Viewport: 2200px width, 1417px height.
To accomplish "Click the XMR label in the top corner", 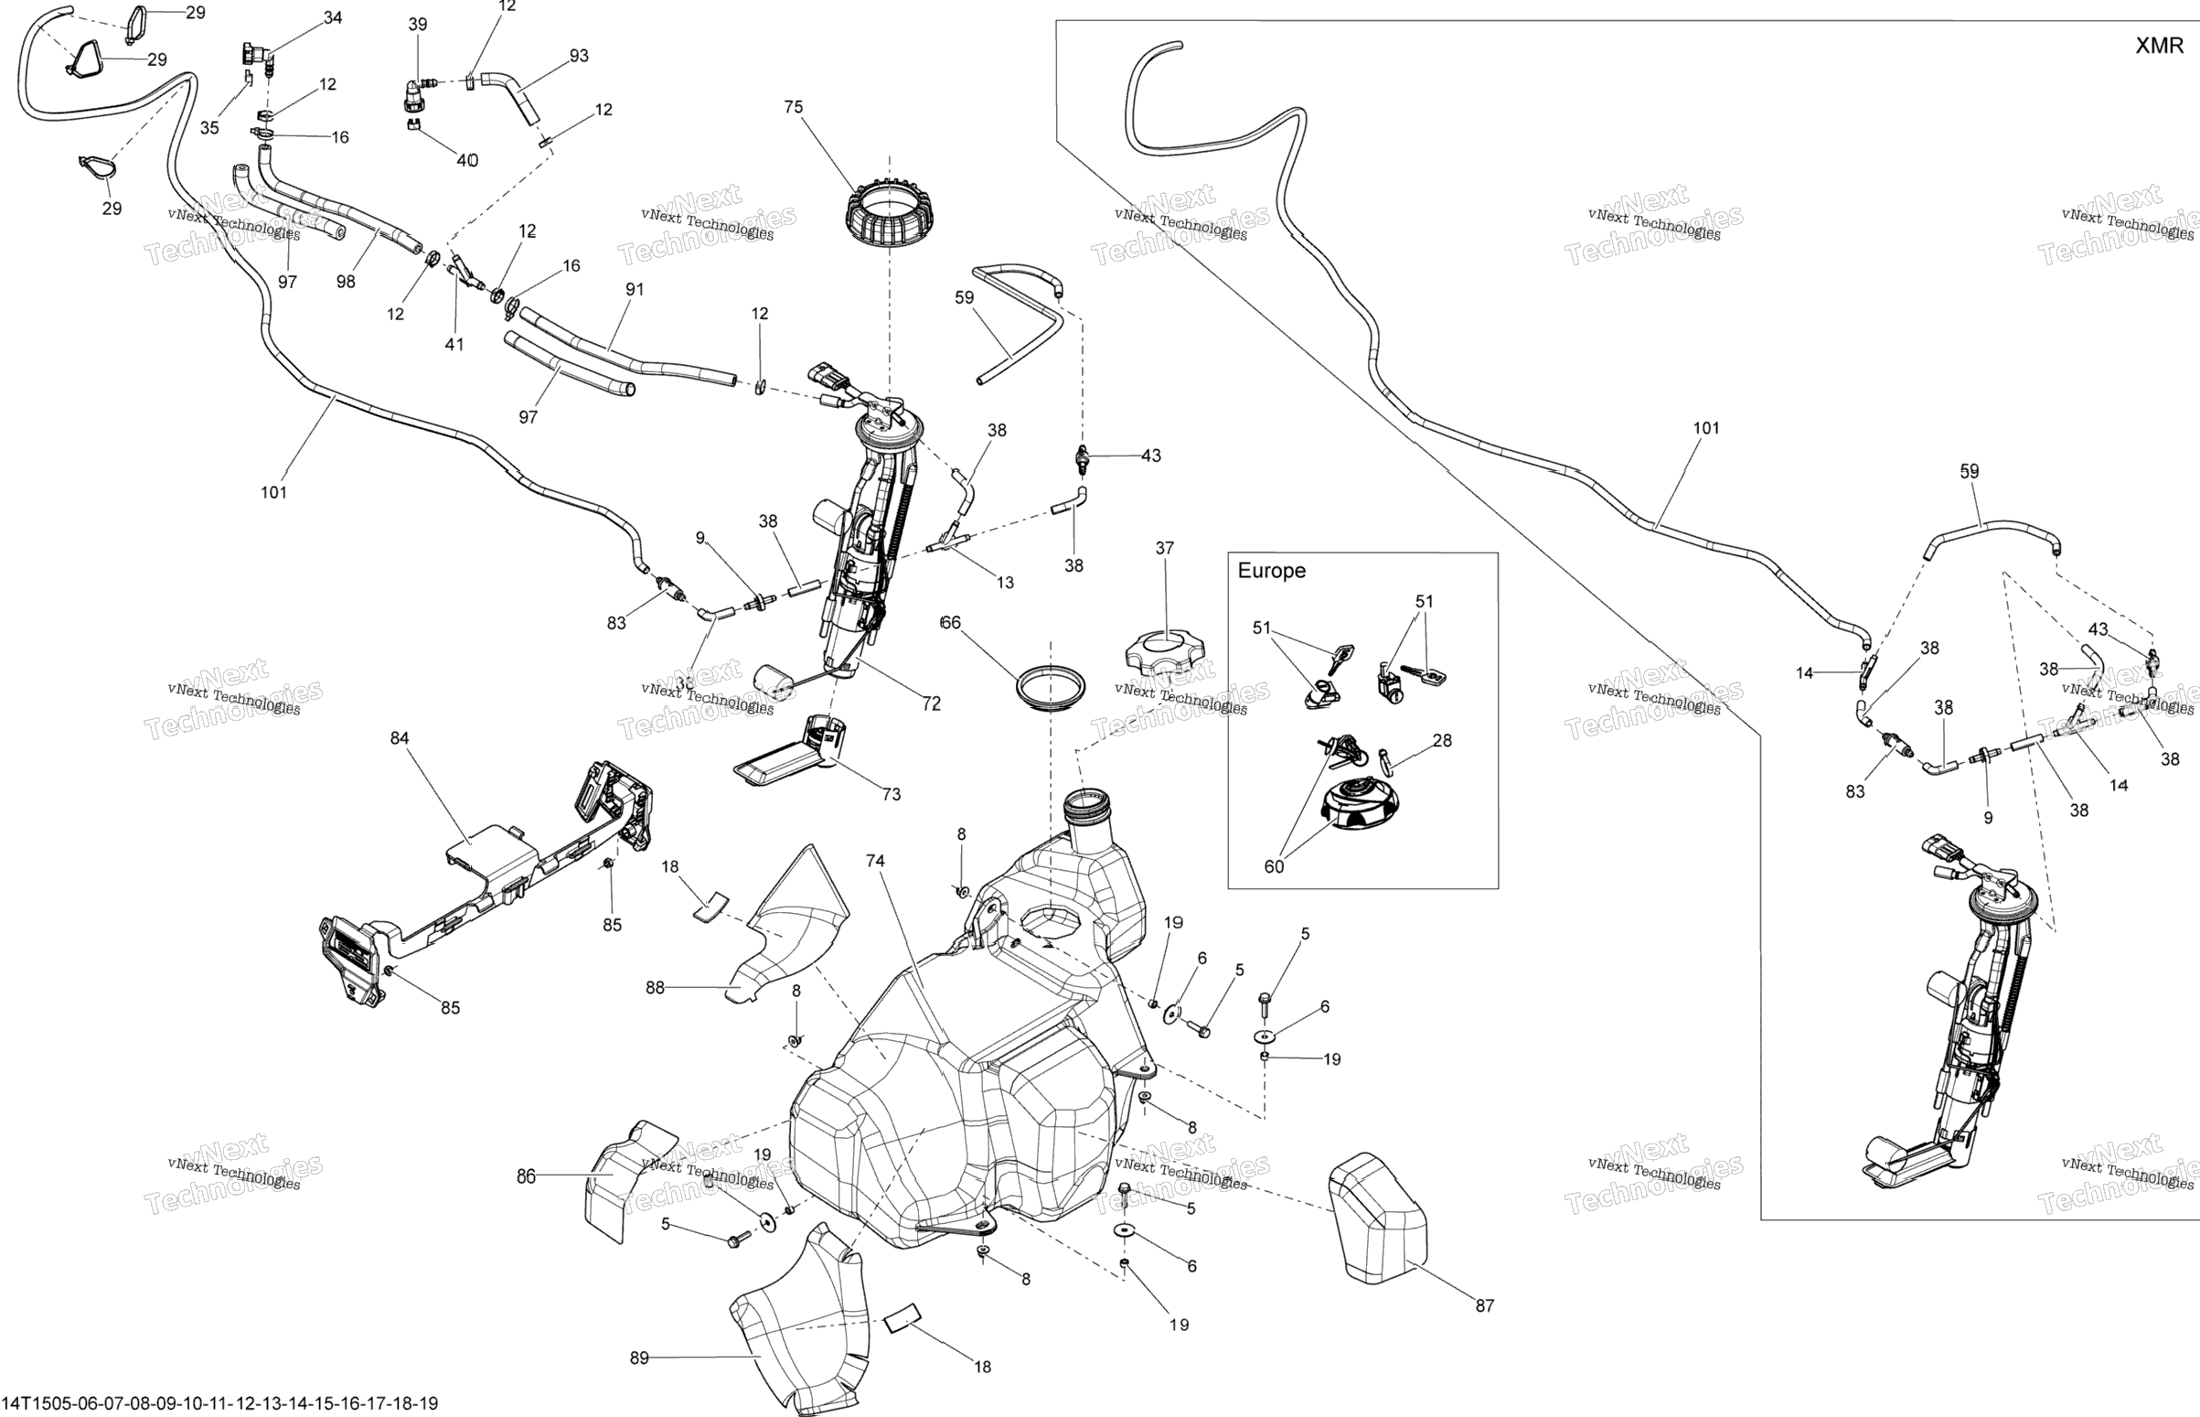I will coord(2159,46).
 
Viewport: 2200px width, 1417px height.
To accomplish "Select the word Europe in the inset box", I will coord(1271,571).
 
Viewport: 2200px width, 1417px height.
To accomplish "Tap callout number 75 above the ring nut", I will coord(793,107).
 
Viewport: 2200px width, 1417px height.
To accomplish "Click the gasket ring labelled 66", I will coord(1051,687).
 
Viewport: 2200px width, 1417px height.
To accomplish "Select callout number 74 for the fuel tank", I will coord(875,861).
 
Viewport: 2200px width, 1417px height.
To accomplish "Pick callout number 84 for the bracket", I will coord(400,738).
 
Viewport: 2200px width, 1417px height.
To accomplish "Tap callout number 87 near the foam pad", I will coord(1484,1304).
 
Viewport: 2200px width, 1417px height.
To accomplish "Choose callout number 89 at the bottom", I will coord(640,1358).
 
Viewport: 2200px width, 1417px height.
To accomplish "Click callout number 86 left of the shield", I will coord(525,1175).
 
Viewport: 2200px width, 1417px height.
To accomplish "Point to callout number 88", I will coord(655,988).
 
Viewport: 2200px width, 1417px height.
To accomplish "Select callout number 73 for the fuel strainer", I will coord(892,794).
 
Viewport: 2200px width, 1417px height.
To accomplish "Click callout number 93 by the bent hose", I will coord(579,56).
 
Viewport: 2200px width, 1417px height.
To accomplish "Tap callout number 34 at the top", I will coord(333,17).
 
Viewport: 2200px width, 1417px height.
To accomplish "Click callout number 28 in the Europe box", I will coord(1442,741).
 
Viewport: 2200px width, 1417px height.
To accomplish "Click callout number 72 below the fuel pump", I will coord(931,703).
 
